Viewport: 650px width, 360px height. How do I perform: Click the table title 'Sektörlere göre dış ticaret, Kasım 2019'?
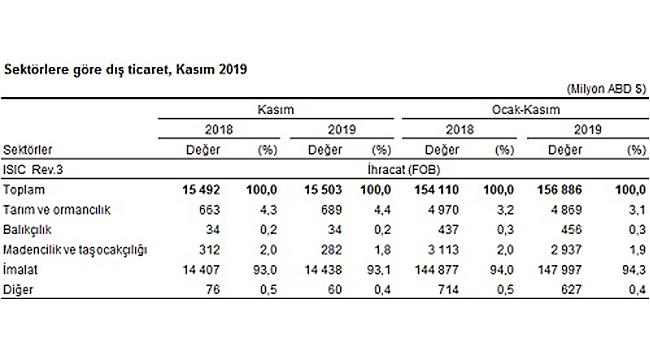point(126,70)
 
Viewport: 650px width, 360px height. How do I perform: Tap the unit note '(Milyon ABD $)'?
point(605,89)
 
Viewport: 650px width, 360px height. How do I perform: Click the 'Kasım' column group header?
point(278,108)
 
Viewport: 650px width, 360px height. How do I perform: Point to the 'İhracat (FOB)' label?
point(399,169)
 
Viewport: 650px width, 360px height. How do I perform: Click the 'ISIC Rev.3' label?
point(32,169)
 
